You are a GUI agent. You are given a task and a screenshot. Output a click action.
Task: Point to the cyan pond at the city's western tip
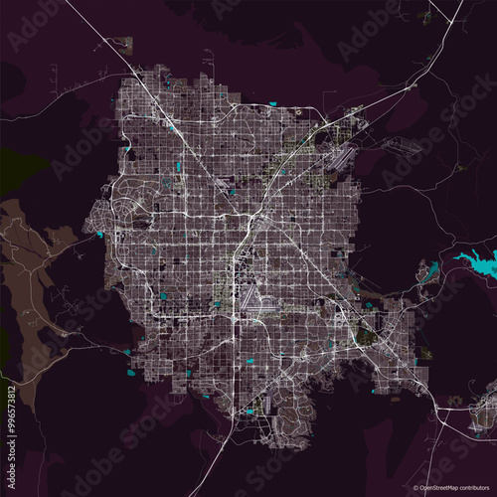pos(100,235)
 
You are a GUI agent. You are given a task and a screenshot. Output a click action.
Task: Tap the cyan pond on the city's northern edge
pos(272,103)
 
